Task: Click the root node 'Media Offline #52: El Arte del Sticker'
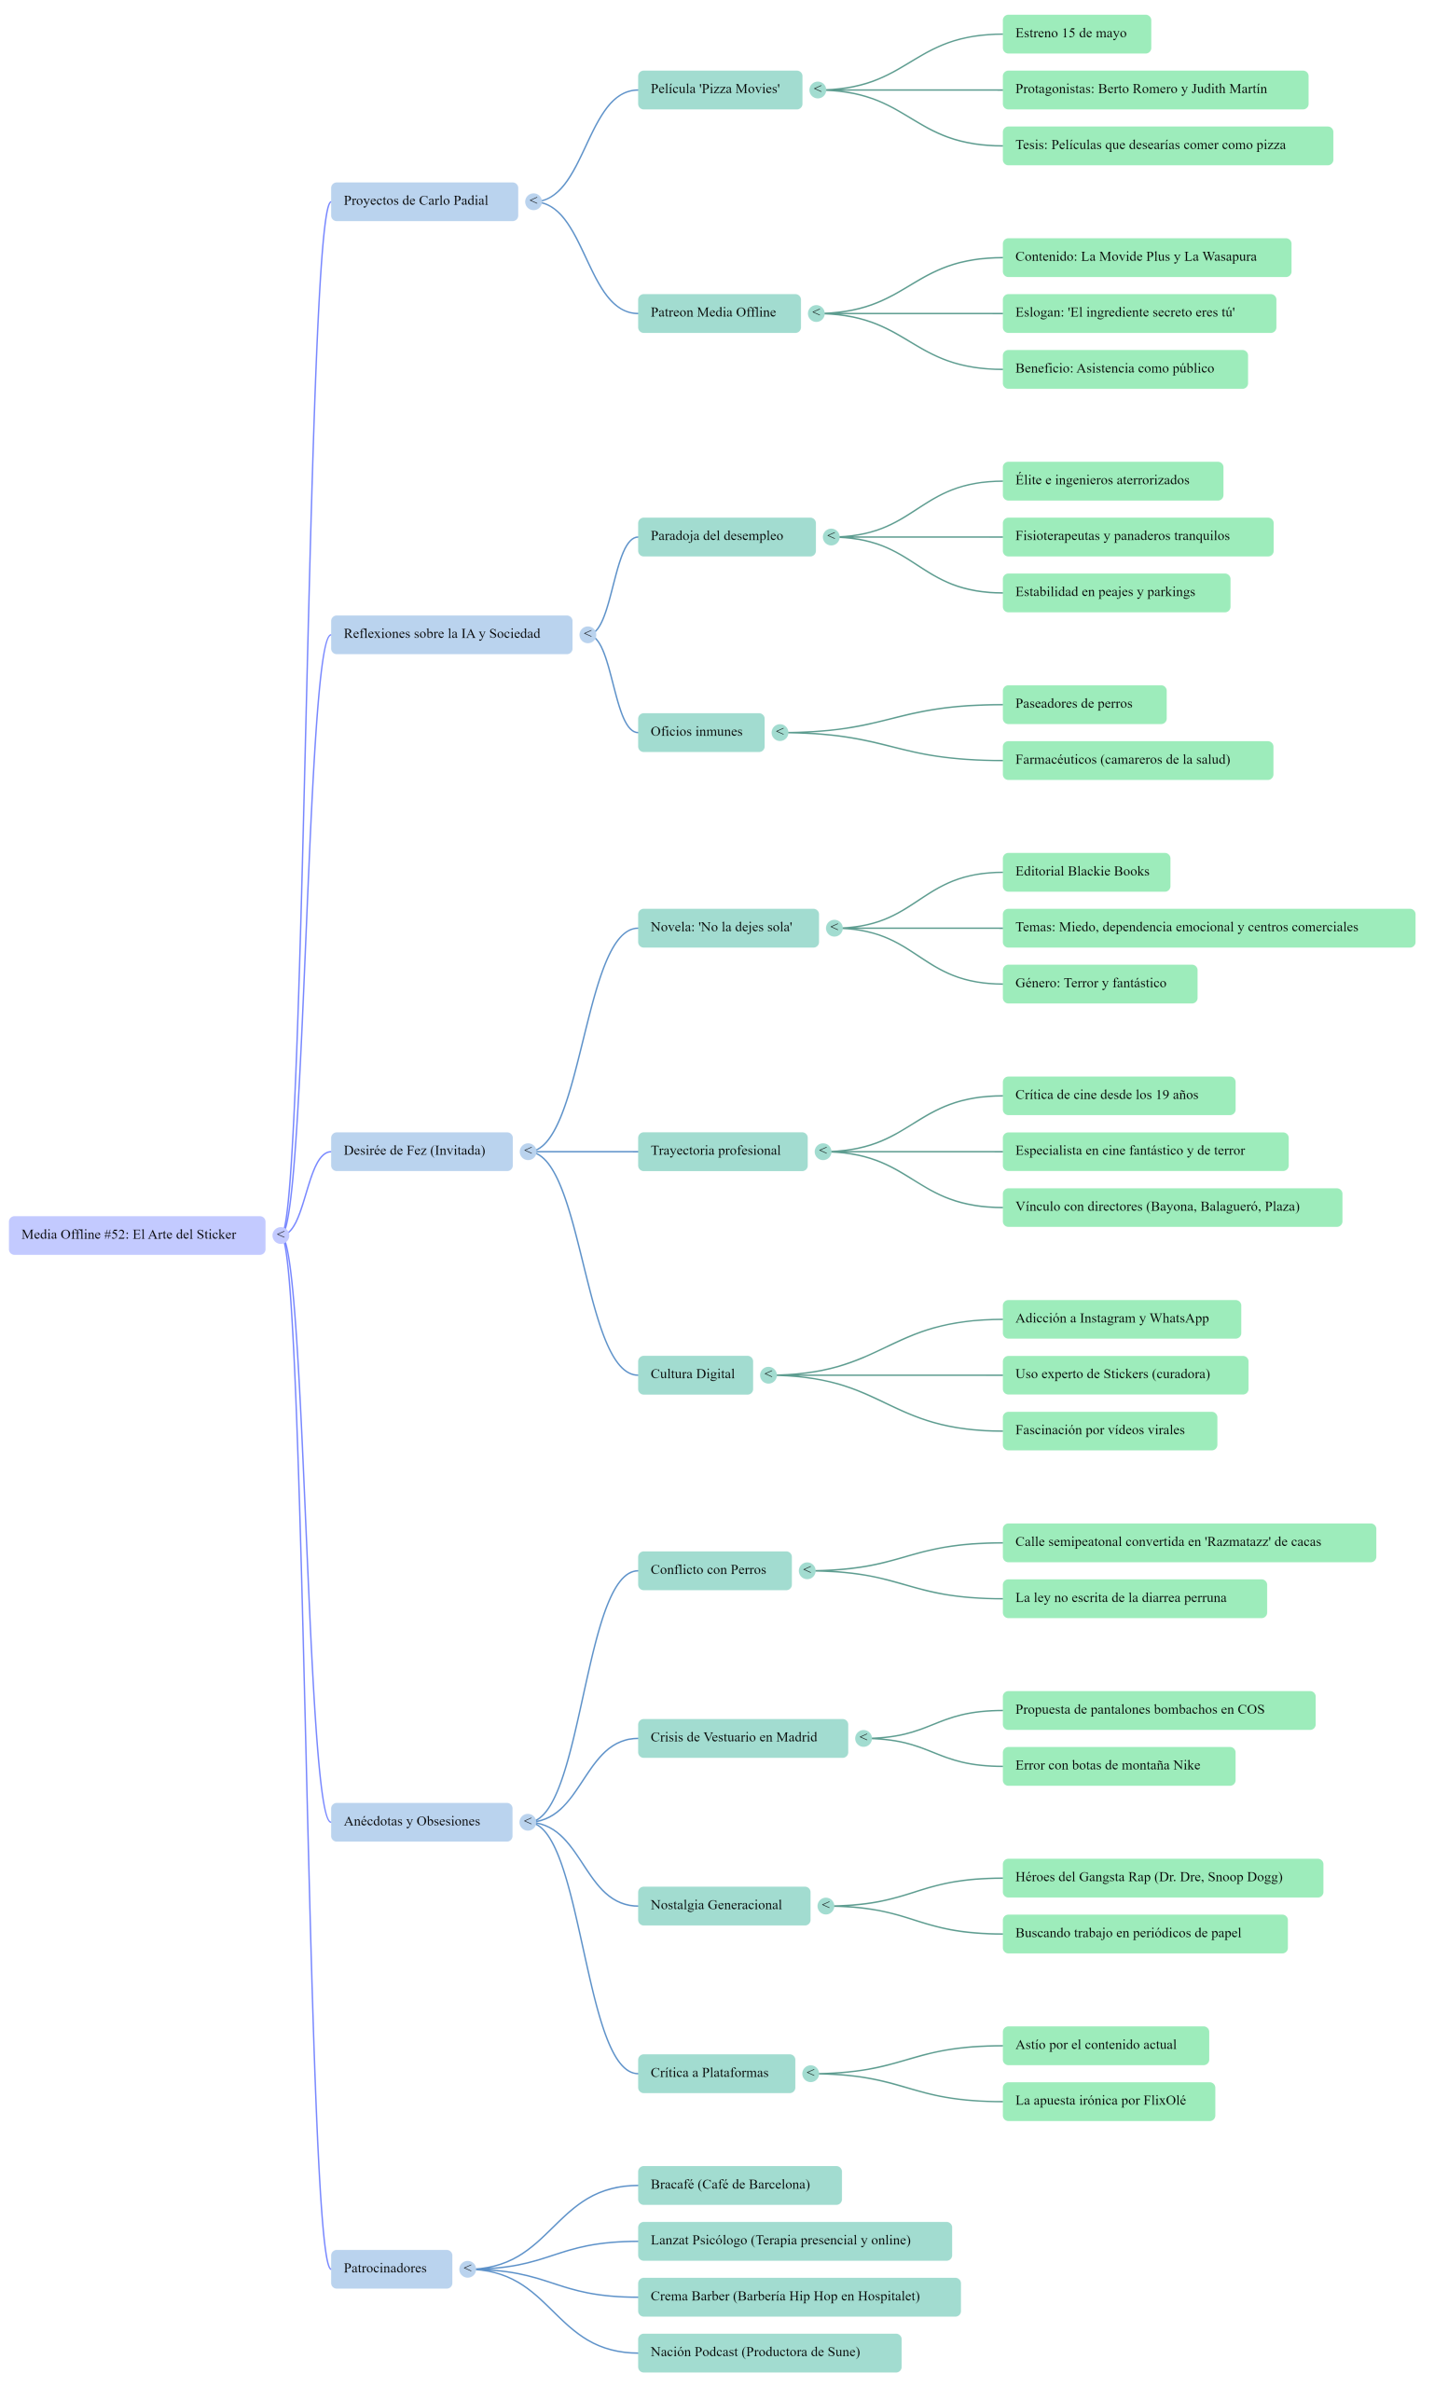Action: tap(136, 1235)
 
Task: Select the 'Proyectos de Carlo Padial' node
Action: tap(424, 201)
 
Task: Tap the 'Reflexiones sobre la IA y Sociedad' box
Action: tap(451, 635)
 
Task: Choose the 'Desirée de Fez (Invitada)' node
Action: tap(421, 1152)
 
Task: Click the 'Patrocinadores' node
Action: tap(392, 2269)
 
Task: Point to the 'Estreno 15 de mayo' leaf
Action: tap(1076, 34)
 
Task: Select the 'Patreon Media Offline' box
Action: tap(719, 313)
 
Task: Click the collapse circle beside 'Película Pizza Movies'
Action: tap(819, 90)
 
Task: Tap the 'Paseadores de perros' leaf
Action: tap(1083, 704)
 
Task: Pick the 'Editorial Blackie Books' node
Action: tap(1085, 872)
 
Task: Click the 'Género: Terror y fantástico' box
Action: tap(1099, 985)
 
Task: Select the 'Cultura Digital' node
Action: tap(695, 1374)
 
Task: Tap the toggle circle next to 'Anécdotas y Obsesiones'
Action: tap(528, 1822)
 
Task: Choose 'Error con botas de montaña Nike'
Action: tap(1119, 1766)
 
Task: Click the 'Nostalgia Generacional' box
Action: tap(724, 1906)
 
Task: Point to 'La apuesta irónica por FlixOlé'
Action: tap(1108, 2102)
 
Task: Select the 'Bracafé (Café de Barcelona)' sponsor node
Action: tap(739, 2186)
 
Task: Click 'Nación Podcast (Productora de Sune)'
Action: tap(769, 2353)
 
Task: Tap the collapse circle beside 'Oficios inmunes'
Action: tap(780, 732)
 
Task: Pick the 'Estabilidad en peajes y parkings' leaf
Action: tap(1116, 593)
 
